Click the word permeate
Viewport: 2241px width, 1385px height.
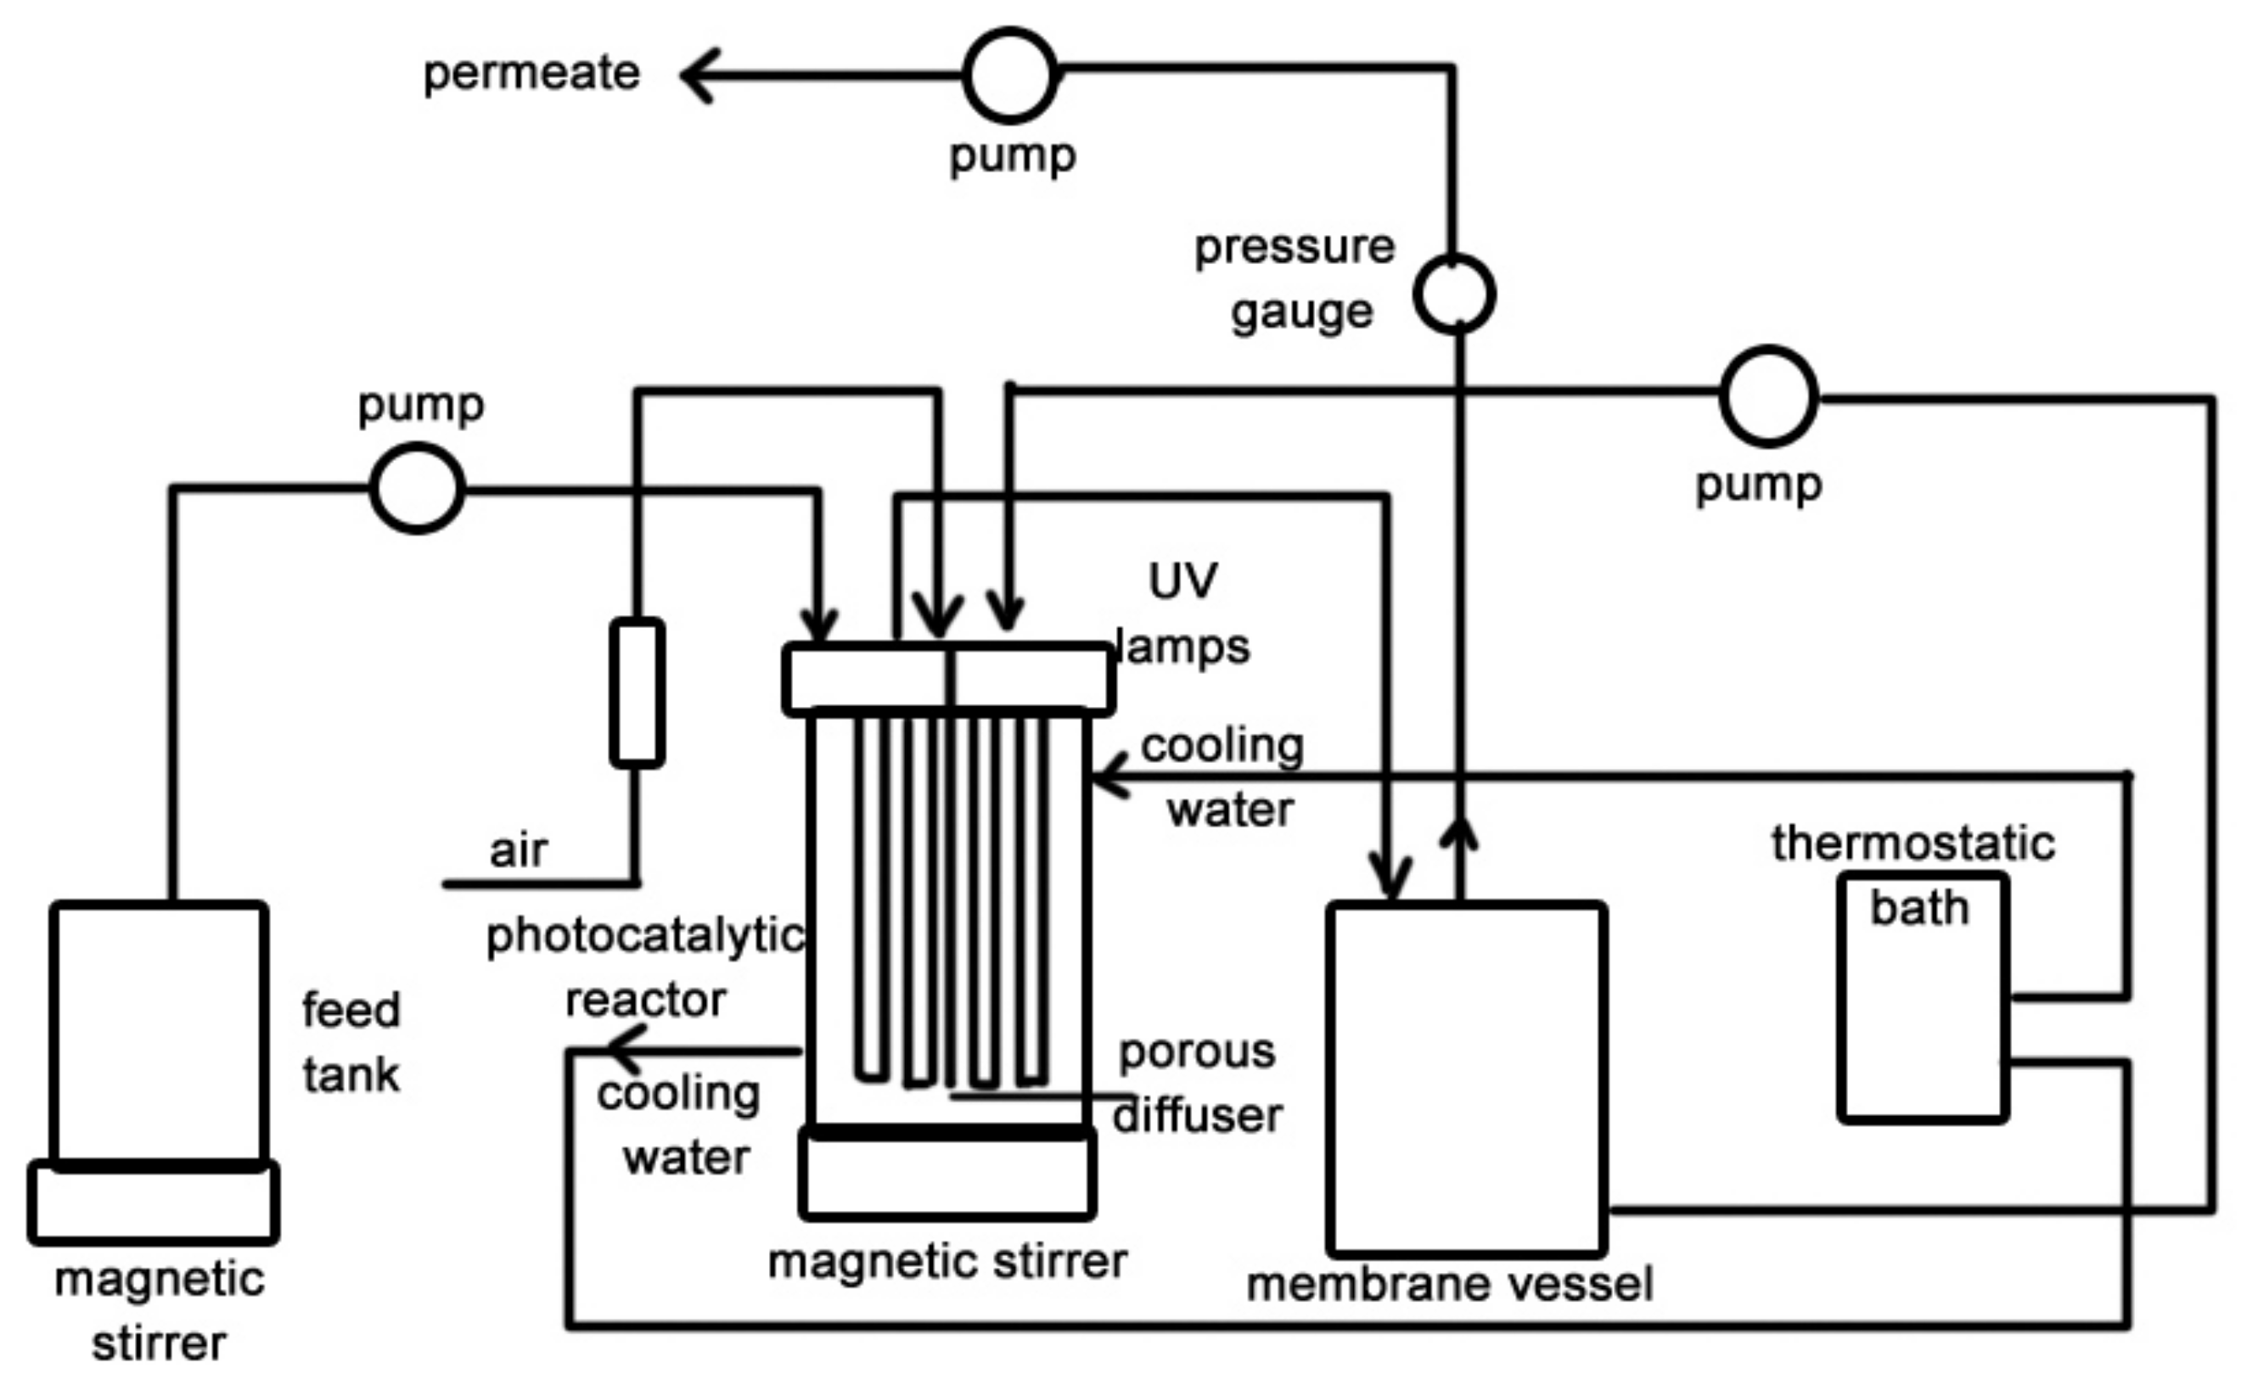point(531,73)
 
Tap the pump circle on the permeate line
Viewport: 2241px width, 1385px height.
point(1010,76)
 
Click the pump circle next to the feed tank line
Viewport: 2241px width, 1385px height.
point(417,488)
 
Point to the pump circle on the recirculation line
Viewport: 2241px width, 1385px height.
point(1768,396)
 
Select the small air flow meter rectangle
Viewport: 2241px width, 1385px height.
point(637,692)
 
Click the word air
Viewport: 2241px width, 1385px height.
point(518,850)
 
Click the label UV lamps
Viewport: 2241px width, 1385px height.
point(1183,614)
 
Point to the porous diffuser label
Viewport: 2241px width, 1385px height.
point(1198,1084)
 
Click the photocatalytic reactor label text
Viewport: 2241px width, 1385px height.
point(645,967)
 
